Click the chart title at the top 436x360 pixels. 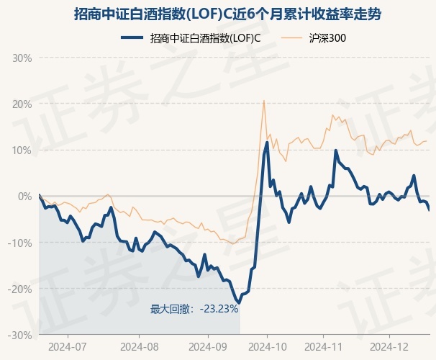point(227,14)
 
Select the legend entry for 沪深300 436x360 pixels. point(314,38)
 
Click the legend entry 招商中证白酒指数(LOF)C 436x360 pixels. point(191,38)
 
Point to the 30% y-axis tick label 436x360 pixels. point(22,58)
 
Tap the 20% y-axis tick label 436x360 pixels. point(22,104)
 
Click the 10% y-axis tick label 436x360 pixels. point(22,150)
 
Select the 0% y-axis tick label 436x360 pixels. point(24,197)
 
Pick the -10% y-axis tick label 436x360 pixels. point(19,243)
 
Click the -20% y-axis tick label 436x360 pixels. point(19,289)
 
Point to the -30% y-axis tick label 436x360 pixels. point(19,336)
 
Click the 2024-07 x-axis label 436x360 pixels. point(68,347)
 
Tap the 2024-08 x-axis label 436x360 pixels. point(140,347)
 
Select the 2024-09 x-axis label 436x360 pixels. point(208,347)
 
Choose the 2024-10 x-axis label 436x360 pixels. point(267,347)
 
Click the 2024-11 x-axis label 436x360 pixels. point(324,347)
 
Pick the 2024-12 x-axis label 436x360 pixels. point(389,347)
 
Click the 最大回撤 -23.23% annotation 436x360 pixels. point(194,309)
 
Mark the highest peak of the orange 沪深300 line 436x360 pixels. point(264,101)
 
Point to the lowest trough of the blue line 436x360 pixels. point(239,302)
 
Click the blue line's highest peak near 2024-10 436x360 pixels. point(267,143)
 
